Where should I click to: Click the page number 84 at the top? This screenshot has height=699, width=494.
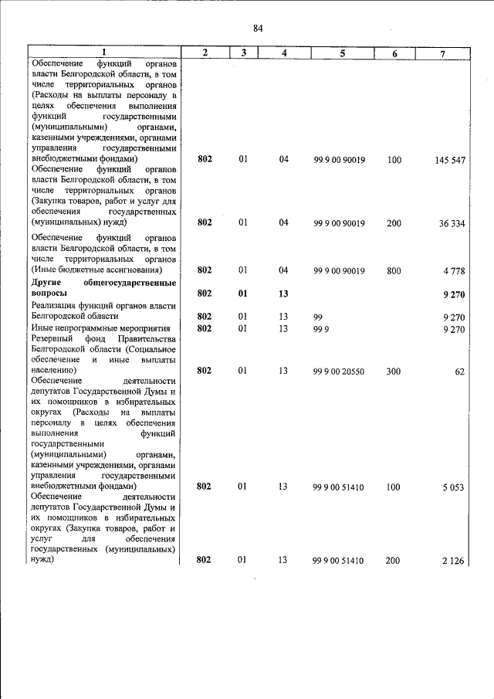pyautogui.click(x=258, y=29)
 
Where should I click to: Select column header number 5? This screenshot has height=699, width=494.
pyautogui.click(x=342, y=53)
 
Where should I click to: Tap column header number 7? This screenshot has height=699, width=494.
pyautogui.click(x=442, y=53)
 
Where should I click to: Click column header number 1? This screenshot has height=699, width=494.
pyautogui.click(x=104, y=53)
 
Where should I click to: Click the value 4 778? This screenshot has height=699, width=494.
pyautogui.click(x=454, y=271)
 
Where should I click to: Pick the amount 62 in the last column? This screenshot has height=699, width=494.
pyautogui.click(x=459, y=372)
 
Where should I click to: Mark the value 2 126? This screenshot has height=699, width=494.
pyautogui.click(x=453, y=562)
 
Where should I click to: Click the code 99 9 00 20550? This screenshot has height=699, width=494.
pyautogui.click(x=340, y=372)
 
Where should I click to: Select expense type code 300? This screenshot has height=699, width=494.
pyautogui.click(x=394, y=372)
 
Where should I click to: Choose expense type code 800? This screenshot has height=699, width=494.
pyautogui.click(x=394, y=271)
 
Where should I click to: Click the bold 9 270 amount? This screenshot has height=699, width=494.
pyautogui.click(x=454, y=294)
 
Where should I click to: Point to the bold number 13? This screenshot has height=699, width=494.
pyautogui.click(x=283, y=294)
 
